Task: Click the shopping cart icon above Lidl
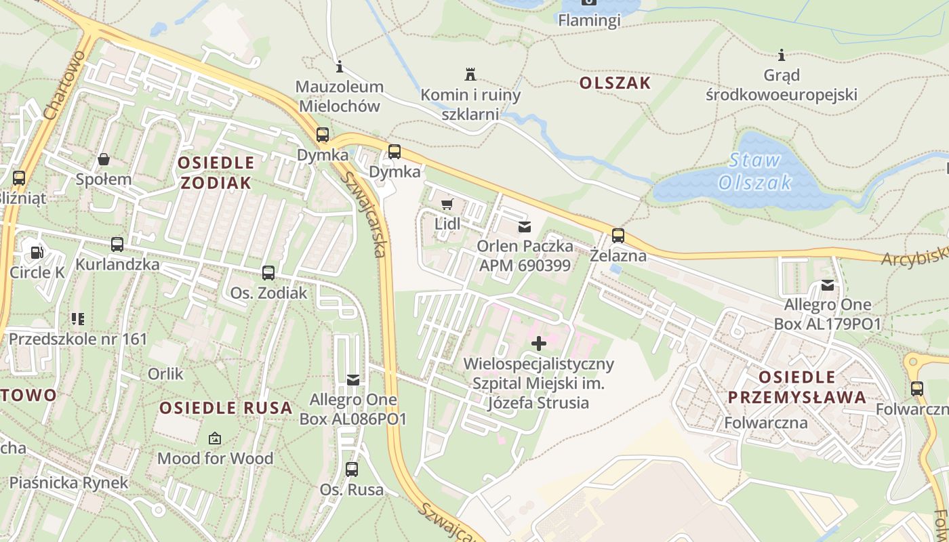pos(447,203)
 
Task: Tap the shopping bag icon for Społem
pos(104,159)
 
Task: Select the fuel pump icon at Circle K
pos(36,252)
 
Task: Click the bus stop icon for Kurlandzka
pos(117,244)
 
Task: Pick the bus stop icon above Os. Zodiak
pos(268,273)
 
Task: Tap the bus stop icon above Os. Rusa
pos(352,469)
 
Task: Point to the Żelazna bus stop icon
pos(618,236)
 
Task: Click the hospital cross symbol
pos(539,343)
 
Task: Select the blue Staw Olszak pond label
pos(754,172)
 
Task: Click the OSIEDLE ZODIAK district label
pos(216,172)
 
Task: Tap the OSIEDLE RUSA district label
pos(226,408)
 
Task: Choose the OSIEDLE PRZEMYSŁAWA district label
pos(796,387)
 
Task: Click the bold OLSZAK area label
pos(615,83)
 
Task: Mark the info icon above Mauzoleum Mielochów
pos(340,66)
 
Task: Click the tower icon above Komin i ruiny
pos(470,74)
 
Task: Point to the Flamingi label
pos(589,20)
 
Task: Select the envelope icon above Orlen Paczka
pos(525,226)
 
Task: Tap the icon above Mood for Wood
pos(215,438)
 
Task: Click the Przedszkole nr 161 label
pos(78,339)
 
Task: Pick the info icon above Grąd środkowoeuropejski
pos(781,54)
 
